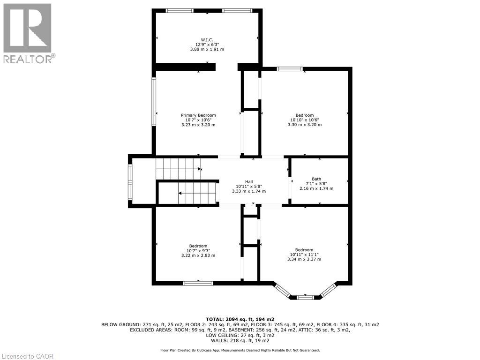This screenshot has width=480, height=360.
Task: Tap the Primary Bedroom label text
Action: coord(198,115)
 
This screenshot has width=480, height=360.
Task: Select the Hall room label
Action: coord(248,182)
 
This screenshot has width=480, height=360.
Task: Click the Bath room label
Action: coord(316,179)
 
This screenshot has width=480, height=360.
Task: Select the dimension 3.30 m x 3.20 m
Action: coord(304,125)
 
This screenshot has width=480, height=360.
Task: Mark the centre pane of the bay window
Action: coord(305,297)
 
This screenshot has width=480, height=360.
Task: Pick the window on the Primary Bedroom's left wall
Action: coord(154,101)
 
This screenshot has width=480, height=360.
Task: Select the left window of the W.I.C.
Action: coord(180,11)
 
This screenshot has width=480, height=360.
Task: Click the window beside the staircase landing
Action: coord(130,181)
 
